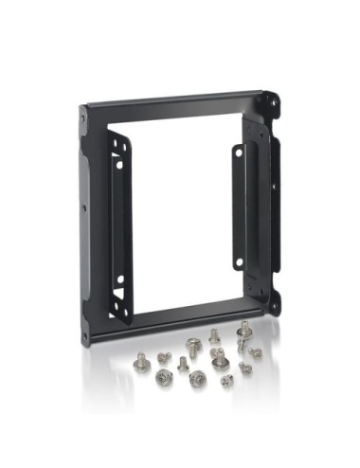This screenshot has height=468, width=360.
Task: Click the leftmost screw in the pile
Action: (142, 361)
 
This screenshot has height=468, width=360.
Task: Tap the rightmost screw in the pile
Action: (256, 352)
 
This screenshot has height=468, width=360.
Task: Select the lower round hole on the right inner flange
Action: (239, 261)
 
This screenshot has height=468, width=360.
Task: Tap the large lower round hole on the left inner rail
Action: (120, 279)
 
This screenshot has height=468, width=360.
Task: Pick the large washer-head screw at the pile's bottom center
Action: (198, 379)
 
